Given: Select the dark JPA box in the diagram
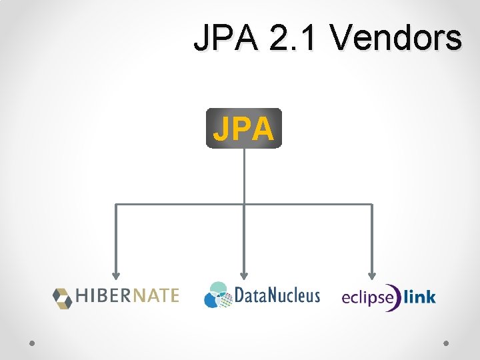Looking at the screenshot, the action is click(244, 128).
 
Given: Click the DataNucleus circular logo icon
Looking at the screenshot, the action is click(218, 295).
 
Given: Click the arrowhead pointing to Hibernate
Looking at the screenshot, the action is click(116, 274).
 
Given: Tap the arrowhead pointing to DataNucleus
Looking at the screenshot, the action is click(244, 274).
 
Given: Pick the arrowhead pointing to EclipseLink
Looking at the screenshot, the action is click(372, 274).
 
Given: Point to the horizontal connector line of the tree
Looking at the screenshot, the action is click(180, 203).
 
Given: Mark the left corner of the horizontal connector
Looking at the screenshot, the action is click(116, 203).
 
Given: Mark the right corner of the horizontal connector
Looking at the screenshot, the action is click(372, 203).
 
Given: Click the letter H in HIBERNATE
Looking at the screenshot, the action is click(82, 296).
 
